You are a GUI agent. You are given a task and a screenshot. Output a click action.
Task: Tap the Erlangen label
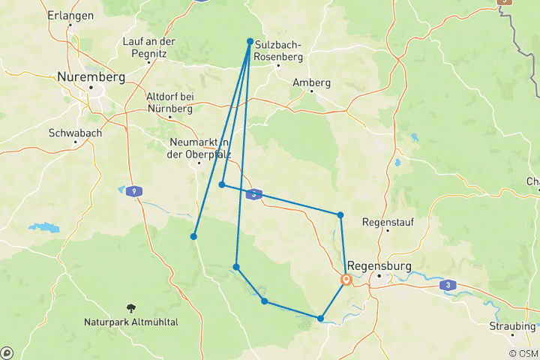[x=70, y=15]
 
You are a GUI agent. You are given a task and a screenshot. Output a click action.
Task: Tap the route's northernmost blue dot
[x=250, y=41]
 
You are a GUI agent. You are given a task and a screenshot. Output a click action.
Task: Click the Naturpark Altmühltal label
[x=131, y=322]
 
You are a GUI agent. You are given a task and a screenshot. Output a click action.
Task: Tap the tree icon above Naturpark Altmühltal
[x=132, y=307]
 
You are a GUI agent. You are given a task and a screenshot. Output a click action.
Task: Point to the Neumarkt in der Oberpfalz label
[x=198, y=148]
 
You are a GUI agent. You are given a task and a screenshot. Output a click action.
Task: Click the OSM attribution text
[x=523, y=353]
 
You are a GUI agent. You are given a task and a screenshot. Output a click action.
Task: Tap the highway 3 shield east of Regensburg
[x=448, y=285]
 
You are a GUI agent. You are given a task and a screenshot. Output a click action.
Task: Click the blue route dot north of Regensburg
[x=340, y=215]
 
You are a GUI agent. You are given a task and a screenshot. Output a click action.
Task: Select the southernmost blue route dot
[x=320, y=319]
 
